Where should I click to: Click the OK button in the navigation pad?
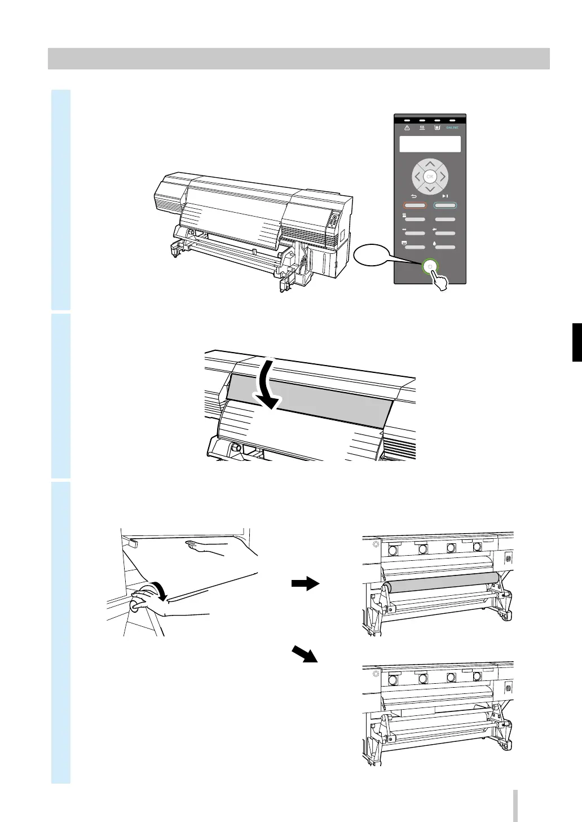click(x=430, y=177)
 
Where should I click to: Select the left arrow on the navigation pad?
click(x=417, y=177)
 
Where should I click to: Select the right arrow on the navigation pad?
click(x=443, y=177)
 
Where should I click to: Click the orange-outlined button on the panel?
click(x=415, y=205)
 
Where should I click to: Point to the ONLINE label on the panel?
click(x=452, y=128)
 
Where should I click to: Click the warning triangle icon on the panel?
click(x=407, y=128)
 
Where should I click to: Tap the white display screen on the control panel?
click(x=430, y=144)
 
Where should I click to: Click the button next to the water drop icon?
click(x=444, y=247)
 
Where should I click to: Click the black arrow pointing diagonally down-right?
click(x=305, y=654)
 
